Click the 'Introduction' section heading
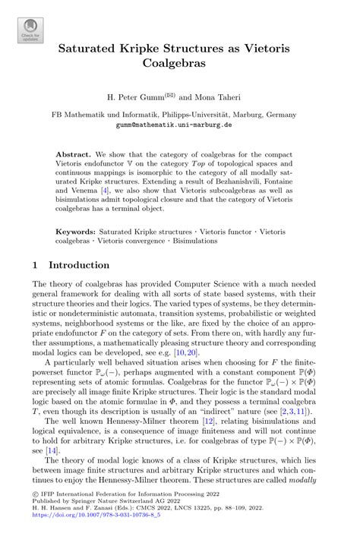pos(79,266)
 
